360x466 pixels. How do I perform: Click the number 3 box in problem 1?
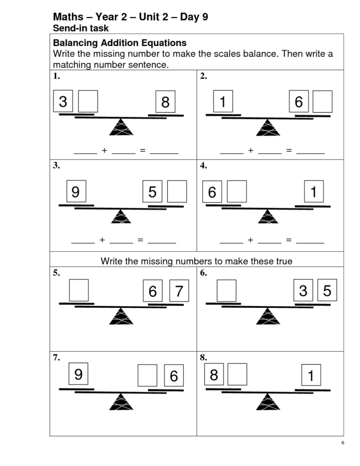point(63,101)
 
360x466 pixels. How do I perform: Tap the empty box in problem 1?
point(87,101)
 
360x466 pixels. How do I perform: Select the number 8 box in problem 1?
point(165,102)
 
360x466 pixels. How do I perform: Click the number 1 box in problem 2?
point(223,101)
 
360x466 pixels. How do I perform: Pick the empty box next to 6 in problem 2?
point(322,101)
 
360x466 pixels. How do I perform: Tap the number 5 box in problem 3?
point(153,192)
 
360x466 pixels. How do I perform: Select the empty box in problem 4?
point(236,192)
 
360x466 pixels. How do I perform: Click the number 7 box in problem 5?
point(178,291)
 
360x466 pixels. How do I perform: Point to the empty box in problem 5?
point(79,290)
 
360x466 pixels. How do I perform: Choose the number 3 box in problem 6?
point(303,291)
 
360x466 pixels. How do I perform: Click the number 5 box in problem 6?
point(327,291)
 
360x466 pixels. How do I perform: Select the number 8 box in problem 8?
point(214,374)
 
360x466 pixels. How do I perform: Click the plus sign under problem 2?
point(250,150)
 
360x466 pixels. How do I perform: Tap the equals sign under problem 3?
point(140,239)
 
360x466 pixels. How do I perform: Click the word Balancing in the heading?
point(76,43)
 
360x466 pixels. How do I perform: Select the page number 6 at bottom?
point(342,442)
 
